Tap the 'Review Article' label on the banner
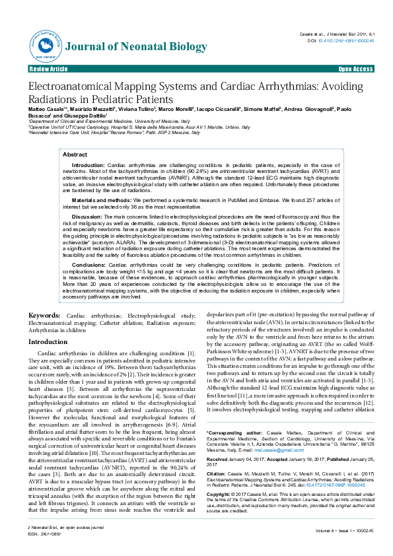coord(48,69)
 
